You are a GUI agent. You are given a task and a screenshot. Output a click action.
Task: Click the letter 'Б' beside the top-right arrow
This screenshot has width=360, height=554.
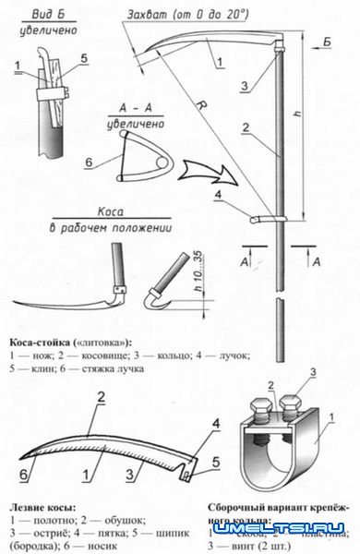click(328, 41)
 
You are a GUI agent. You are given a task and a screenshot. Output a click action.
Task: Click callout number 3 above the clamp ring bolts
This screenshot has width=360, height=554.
click(314, 372)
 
